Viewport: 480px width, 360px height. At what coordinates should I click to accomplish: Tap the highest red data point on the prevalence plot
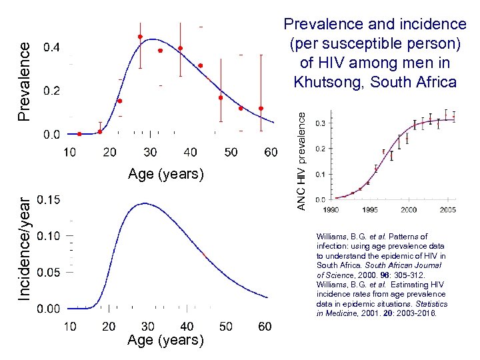140,37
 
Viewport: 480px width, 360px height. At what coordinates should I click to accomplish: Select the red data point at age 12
79,134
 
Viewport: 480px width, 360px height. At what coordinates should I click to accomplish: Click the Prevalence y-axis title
23,81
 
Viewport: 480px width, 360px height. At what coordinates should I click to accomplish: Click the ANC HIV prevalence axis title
301,160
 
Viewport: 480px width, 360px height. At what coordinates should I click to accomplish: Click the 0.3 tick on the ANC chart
321,123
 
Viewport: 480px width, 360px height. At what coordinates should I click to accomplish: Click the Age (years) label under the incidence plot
165,340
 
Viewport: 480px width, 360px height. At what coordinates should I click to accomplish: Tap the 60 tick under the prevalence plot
271,153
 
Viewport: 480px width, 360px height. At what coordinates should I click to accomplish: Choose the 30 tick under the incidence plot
147,327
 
